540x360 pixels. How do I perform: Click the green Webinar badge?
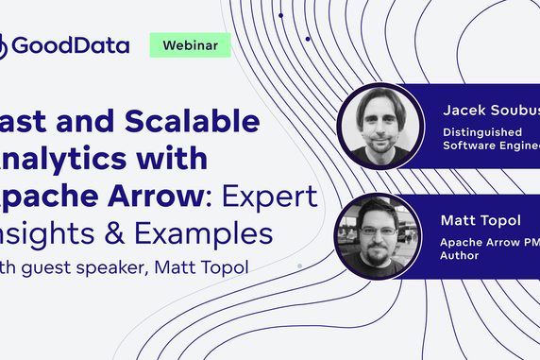click(x=191, y=44)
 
